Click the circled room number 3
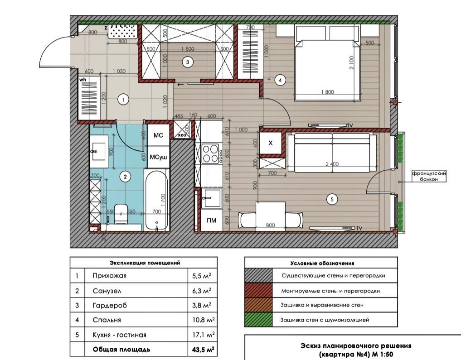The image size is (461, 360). point(188,62)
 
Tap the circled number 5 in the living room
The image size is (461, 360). point(332,199)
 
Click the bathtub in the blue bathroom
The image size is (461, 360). point(156,199)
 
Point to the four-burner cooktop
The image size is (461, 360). point(211,153)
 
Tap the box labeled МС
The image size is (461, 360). point(158,135)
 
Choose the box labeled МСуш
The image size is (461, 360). point(158,157)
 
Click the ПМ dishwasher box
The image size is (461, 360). point(211,220)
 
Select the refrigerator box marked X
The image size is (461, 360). point(271,143)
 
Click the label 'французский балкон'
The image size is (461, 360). point(429,176)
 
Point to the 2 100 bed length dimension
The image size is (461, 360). point(352,62)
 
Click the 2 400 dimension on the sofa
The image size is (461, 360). point(332,164)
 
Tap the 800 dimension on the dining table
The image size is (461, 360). point(270,225)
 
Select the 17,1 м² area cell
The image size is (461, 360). point(203,335)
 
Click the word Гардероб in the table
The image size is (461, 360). point(110,305)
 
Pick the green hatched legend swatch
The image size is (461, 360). point(259,320)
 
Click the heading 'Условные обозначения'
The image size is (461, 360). point(322,264)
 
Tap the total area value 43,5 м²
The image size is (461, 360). point(203,350)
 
